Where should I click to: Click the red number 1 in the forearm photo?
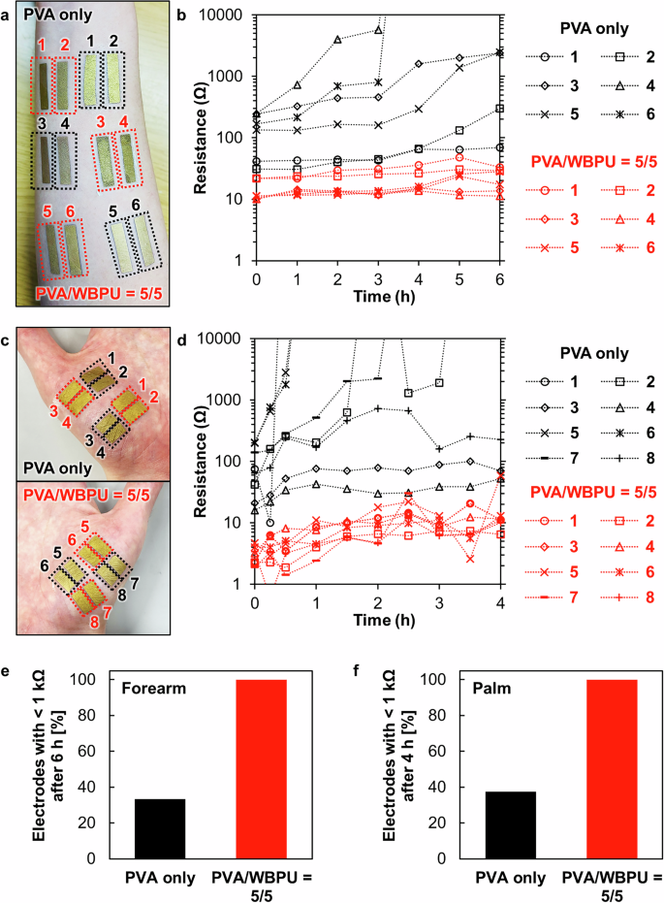tap(42, 45)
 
